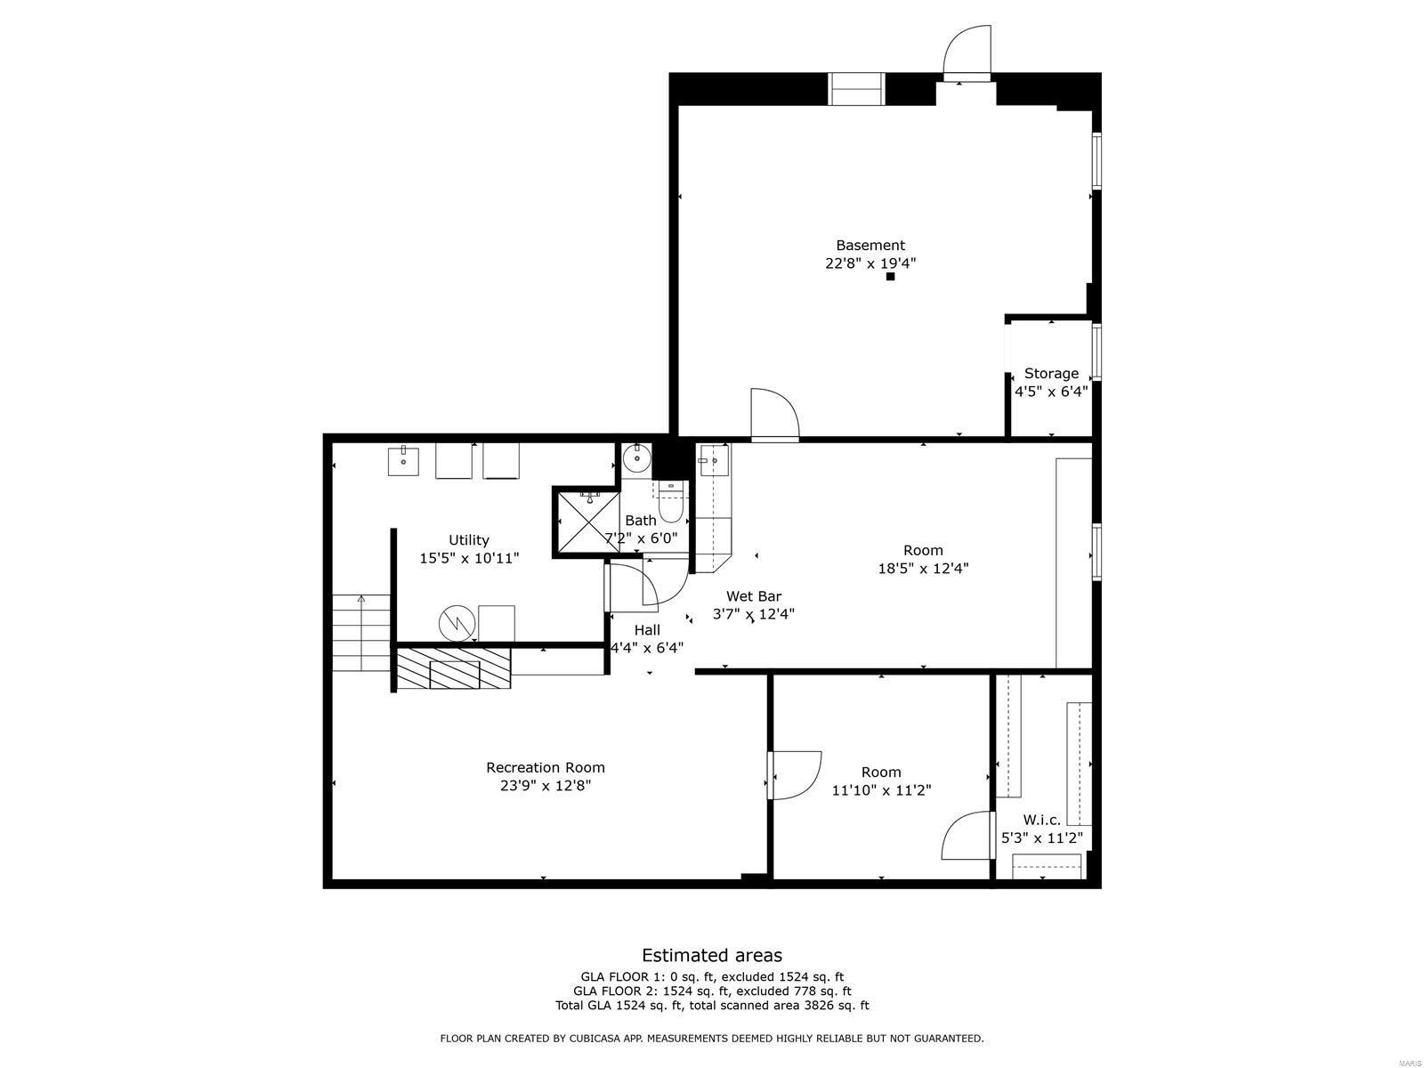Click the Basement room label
tap(870, 245)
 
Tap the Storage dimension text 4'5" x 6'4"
tap(1051, 392)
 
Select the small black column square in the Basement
tap(891, 276)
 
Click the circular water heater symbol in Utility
tap(457, 623)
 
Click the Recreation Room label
tap(546, 768)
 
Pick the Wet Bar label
tap(754, 596)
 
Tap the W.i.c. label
tap(1042, 820)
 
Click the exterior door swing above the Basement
tap(967, 53)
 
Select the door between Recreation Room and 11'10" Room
tap(794, 775)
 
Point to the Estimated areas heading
tap(712, 955)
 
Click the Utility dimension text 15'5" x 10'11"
tap(469, 558)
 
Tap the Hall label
tap(647, 629)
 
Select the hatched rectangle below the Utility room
tap(454, 667)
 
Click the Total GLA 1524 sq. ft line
tap(712, 1005)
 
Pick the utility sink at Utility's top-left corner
tap(403, 461)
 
